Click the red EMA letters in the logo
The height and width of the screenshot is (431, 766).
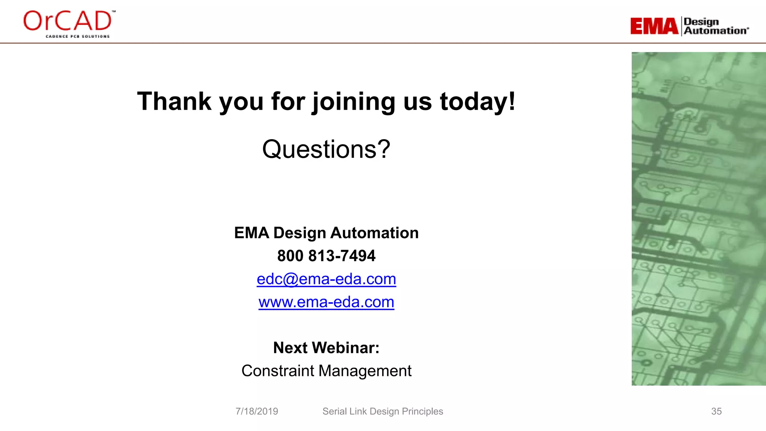(x=654, y=26)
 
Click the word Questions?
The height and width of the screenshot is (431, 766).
(x=326, y=149)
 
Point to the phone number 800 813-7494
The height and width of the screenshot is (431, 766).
(x=326, y=256)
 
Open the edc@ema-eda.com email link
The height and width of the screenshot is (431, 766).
(x=326, y=279)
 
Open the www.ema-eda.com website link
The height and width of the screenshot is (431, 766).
(x=326, y=302)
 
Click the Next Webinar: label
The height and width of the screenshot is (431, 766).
(x=326, y=348)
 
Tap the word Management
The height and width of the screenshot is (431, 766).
(x=365, y=371)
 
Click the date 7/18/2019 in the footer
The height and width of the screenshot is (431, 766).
(x=257, y=411)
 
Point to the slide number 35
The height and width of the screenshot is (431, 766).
(x=716, y=411)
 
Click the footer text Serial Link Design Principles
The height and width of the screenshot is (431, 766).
(x=383, y=411)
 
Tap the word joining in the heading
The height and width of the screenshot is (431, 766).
(x=353, y=102)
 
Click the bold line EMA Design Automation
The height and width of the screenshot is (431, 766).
(x=326, y=233)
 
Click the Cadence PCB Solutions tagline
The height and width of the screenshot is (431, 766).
(x=77, y=36)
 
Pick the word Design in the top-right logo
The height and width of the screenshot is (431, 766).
(x=701, y=22)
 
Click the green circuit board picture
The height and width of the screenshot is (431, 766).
(x=698, y=219)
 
